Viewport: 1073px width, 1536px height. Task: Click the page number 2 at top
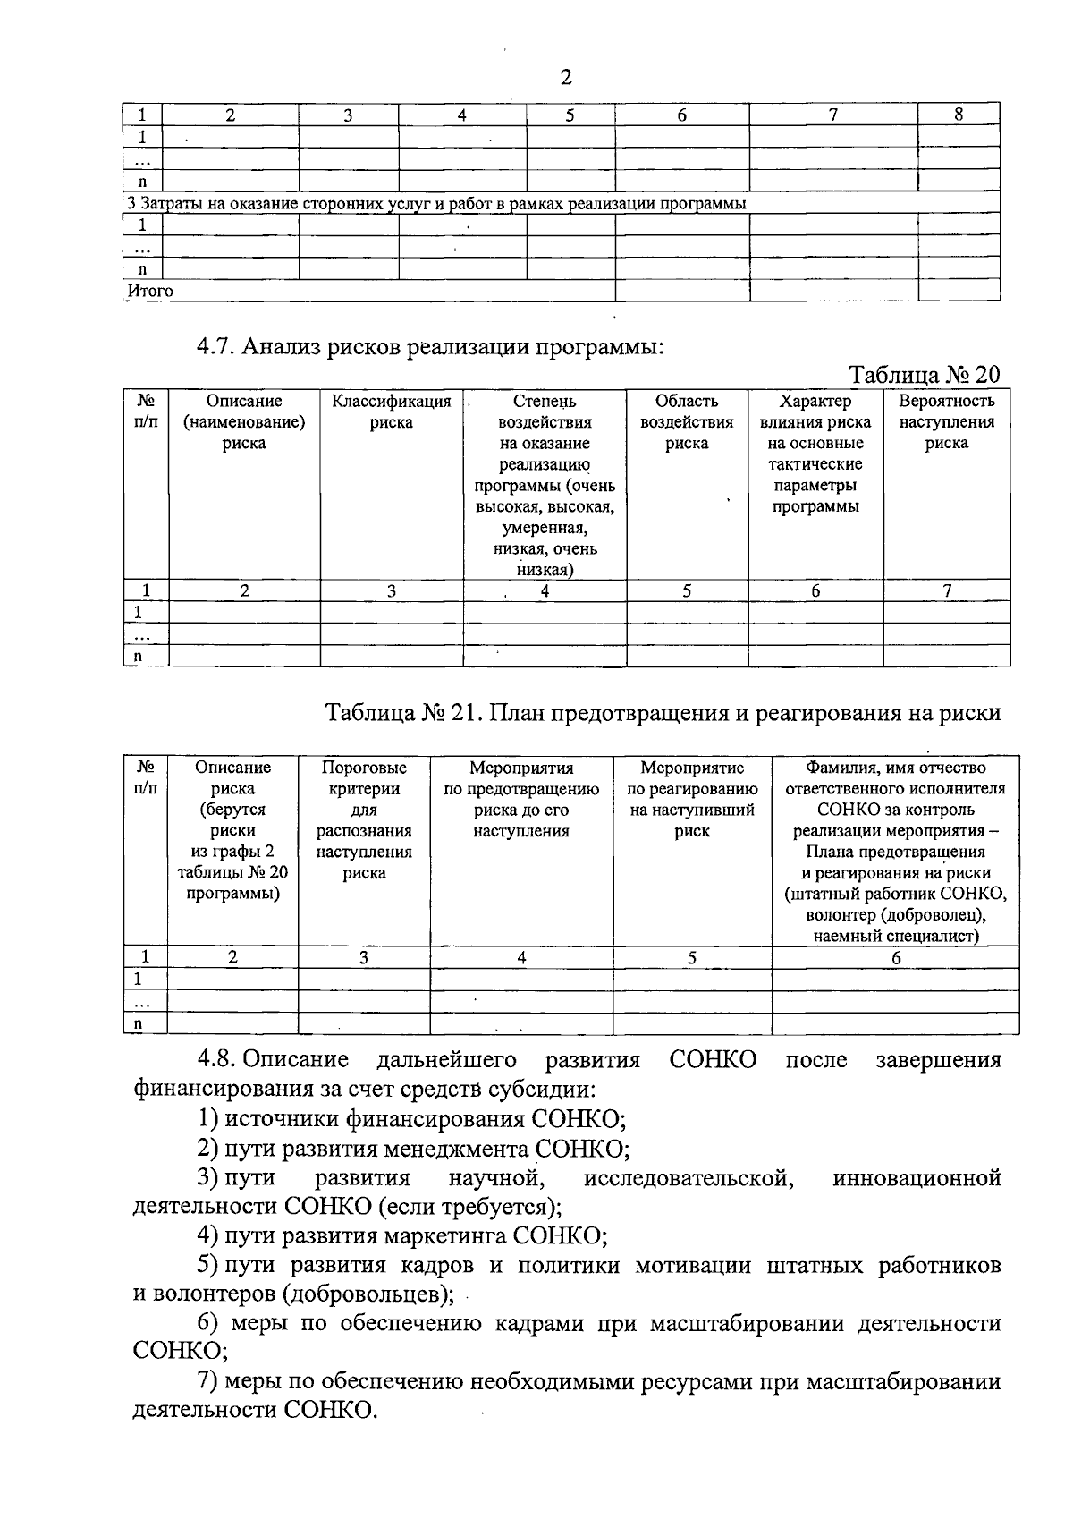coord(565,78)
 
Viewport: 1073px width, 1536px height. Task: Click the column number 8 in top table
coord(959,115)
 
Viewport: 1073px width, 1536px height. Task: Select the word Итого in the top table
coord(150,291)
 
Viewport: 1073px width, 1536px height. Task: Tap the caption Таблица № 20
coord(923,374)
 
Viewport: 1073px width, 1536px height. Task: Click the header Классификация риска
coord(392,412)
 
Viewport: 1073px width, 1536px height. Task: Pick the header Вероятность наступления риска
coord(946,422)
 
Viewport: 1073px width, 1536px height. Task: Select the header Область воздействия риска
coord(687,422)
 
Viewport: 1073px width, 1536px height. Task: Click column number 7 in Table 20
coord(947,590)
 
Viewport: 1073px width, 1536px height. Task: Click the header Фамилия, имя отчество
coord(895,768)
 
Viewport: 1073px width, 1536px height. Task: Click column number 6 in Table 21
coord(896,957)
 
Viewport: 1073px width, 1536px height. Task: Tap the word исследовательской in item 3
coord(689,1177)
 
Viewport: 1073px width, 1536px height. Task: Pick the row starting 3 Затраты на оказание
coord(436,203)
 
